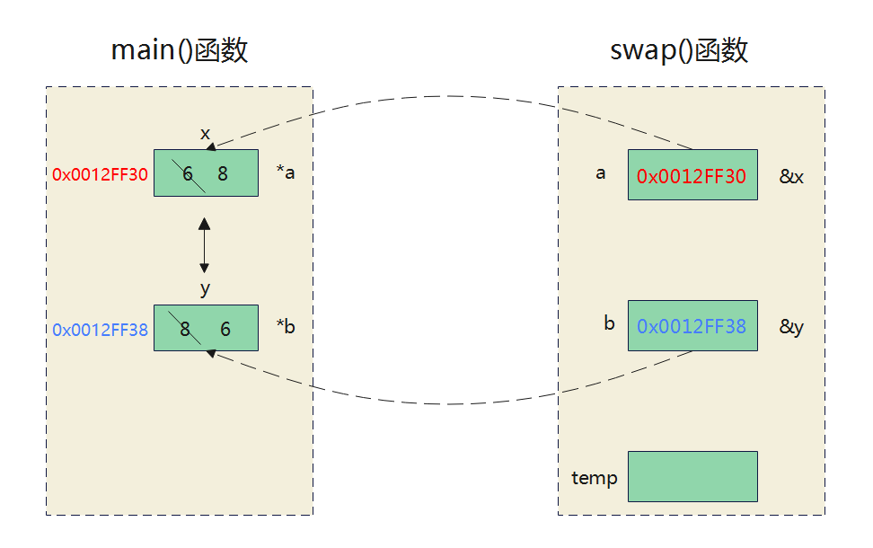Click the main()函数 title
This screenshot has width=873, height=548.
[179, 50]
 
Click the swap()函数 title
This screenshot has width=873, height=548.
[679, 50]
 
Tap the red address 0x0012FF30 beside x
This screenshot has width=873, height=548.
[99, 174]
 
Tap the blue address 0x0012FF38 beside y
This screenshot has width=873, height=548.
[99, 330]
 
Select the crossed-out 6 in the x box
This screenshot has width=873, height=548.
[189, 174]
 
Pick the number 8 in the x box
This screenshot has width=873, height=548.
[223, 174]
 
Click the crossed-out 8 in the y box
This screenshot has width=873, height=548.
[185, 330]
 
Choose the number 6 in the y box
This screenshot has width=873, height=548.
[225, 330]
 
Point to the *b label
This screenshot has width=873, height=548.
[286, 327]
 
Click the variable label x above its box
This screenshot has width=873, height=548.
[205, 134]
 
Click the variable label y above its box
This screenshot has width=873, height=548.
[205, 288]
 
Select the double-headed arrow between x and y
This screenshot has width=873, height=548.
[205, 244]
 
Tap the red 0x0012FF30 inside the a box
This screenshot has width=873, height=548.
[692, 176]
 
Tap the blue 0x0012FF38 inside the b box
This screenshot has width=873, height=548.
[692, 326]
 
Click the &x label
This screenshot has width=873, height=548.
[791, 177]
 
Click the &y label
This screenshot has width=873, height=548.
[791, 327]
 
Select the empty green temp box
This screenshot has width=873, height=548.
[692, 476]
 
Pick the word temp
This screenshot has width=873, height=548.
[595, 478]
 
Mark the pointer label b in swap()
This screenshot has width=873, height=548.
[609, 323]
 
